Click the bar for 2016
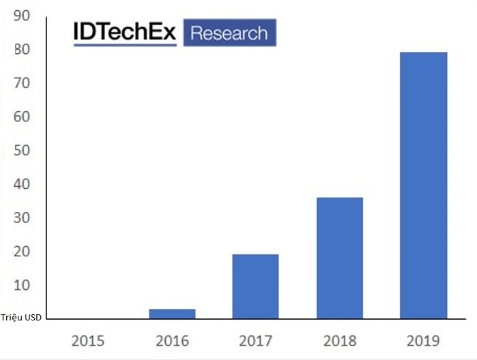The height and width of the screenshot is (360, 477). pos(172,314)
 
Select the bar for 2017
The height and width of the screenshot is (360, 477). pos(255,286)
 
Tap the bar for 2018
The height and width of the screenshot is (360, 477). pos(339,258)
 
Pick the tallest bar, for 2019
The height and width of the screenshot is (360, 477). pos(423,185)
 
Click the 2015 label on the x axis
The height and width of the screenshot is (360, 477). pos(88,340)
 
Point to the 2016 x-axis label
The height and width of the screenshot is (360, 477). pos(172,340)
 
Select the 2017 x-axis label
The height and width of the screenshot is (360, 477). pos(255,340)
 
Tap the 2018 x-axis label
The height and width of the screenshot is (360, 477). pos(339,340)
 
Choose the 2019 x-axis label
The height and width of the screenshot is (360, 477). pos(423,340)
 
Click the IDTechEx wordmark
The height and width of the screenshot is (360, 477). pos(125,33)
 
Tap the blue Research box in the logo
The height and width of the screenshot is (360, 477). pos(229,33)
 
